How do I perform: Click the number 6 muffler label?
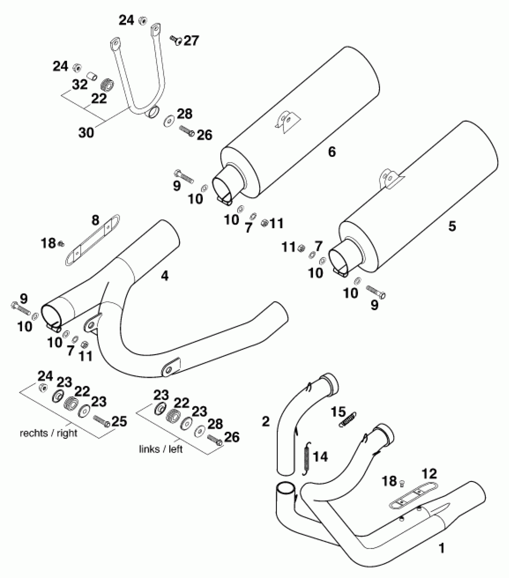coord(332,152)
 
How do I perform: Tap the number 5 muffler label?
coord(452,226)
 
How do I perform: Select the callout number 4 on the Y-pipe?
coord(165,276)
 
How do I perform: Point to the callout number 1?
coord(441,548)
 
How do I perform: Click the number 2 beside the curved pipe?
coord(266,422)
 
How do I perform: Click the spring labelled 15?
coord(348,420)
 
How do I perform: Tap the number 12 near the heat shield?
coord(429,474)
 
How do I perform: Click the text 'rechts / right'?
coord(49,433)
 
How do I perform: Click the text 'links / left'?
coord(161,449)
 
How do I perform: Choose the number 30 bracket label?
coord(86,132)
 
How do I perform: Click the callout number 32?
coord(80,85)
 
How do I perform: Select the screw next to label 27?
coord(176,40)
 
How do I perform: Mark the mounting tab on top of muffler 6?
coord(287,120)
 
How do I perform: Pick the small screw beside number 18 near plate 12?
coord(402,482)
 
